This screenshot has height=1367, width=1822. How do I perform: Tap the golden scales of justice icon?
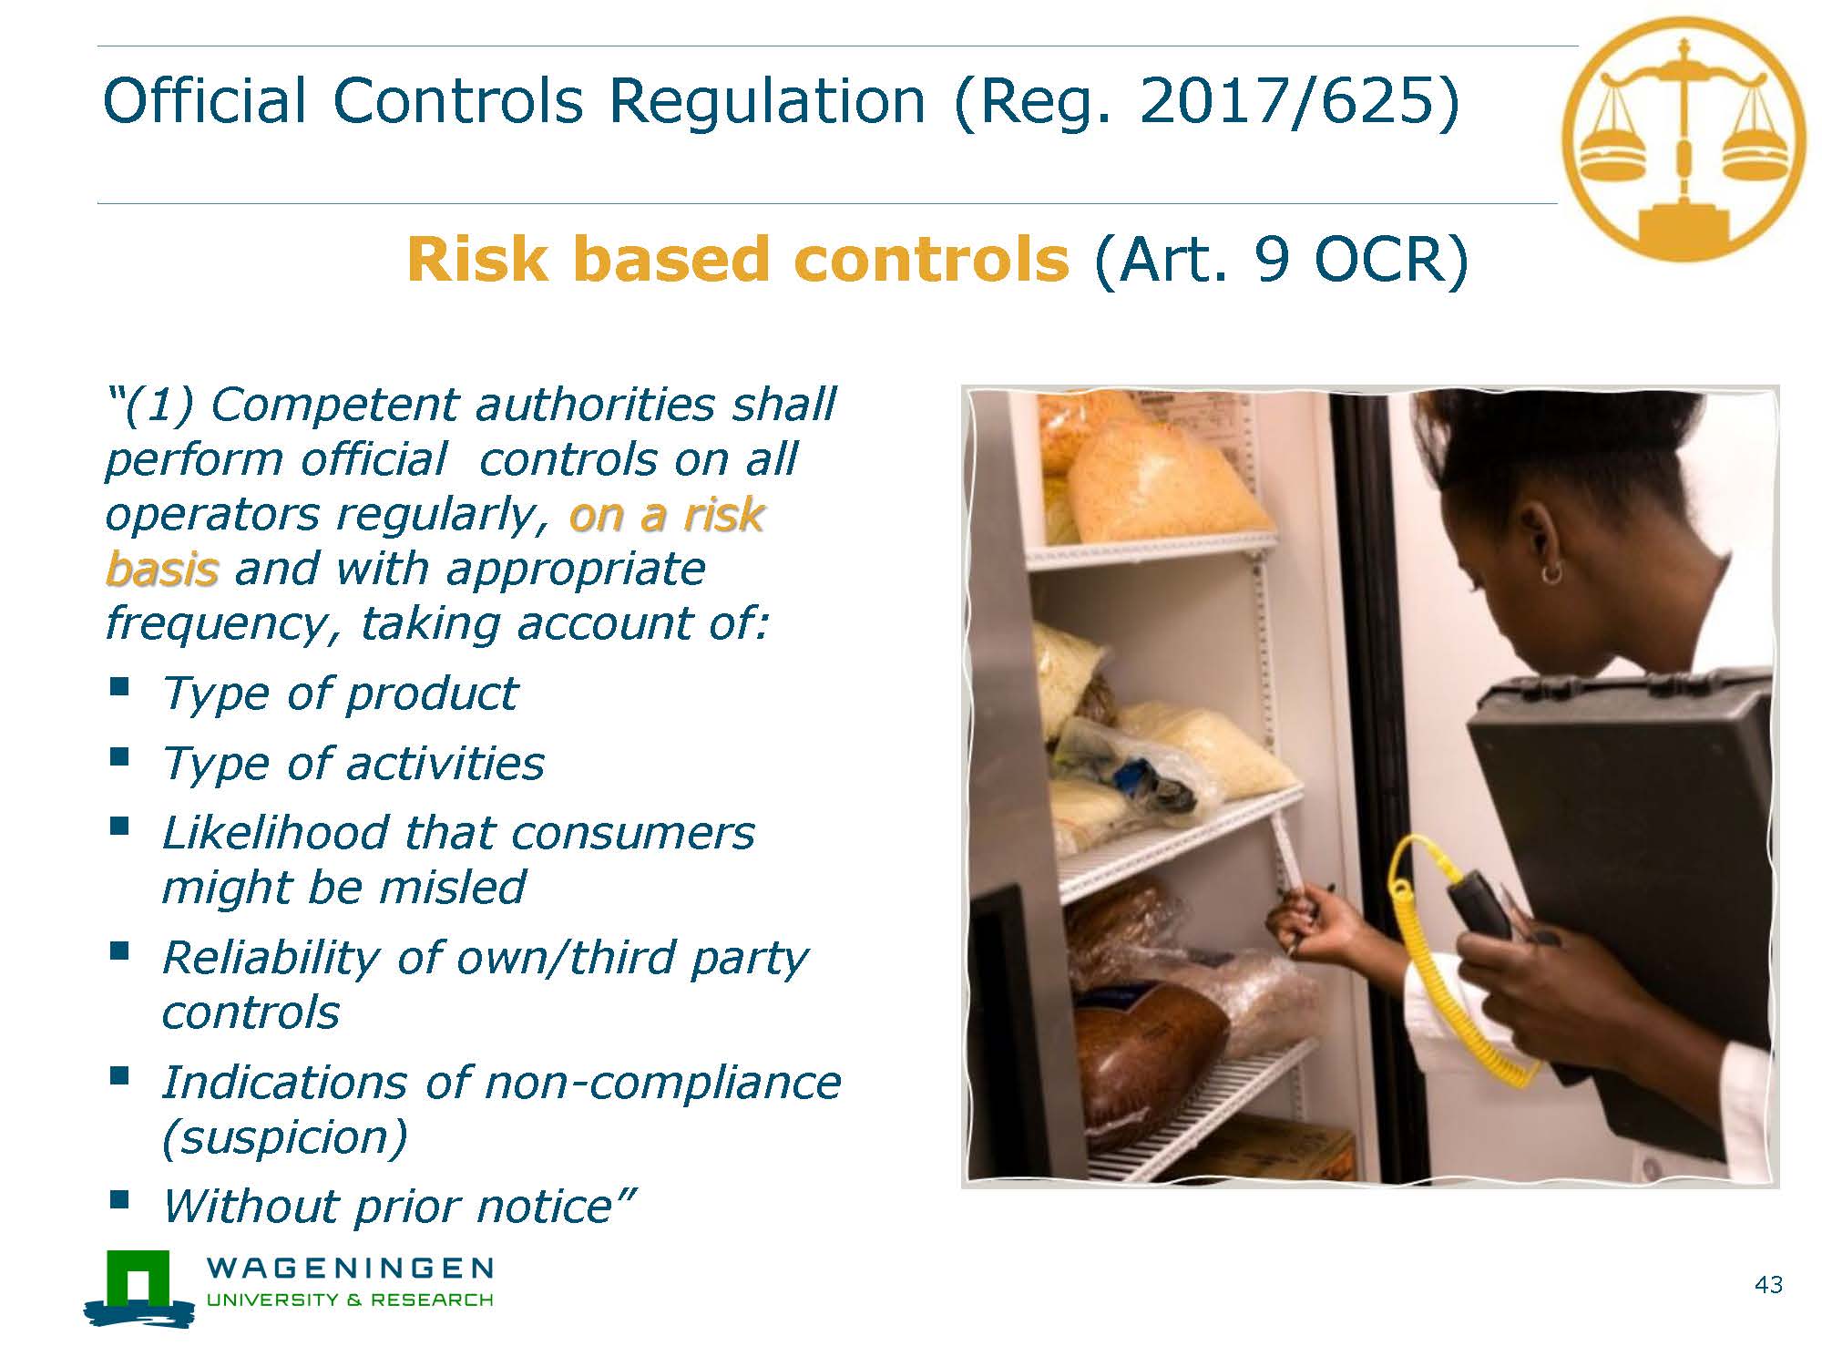click(1684, 139)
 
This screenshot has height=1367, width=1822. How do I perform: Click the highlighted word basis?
click(162, 569)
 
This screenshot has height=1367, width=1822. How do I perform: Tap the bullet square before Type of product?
click(118, 685)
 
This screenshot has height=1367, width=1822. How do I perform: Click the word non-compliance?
click(662, 1083)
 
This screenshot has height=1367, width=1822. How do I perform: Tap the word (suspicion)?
click(284, 1137)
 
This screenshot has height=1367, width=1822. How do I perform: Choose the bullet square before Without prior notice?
click(118, 1197)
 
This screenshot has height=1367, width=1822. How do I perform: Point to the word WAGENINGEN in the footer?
click(351, 1268)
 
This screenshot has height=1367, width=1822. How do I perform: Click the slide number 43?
click(1768, 1285)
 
